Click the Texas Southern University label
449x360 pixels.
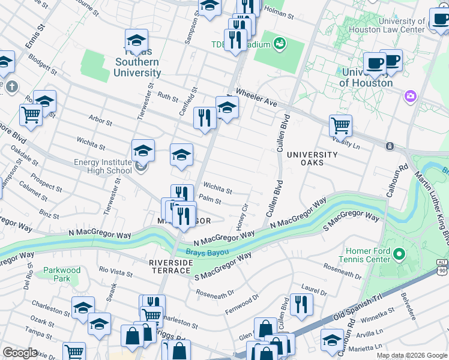click(x=137, y=62)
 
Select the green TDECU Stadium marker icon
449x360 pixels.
click(x=279, y=44)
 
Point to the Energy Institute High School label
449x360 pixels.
click(x=103, y=166)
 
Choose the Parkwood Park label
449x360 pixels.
click(x=62, y=274)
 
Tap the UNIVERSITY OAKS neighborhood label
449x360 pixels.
click(x=313, y=158)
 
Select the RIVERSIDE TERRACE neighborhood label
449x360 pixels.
click(x=170, y=267)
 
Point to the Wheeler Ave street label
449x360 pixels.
click(x=257, y=98)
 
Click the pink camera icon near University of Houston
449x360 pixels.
click(x=411, y=96)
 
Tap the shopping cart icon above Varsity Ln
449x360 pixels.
click(x=340, y=125)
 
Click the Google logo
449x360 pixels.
click(x=20, y=352)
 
